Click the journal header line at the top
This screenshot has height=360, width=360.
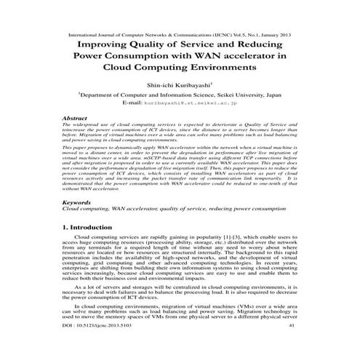[179, 33]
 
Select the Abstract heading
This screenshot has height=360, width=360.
[76, 117]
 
